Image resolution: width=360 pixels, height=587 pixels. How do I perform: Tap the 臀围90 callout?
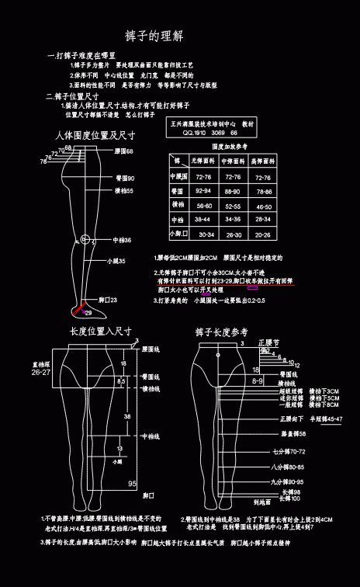[124, 179]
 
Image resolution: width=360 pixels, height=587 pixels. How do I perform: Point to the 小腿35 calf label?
[116, 262]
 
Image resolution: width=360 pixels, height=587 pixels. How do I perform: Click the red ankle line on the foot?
[78, 310]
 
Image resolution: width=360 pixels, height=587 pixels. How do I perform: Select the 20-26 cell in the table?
[263, 234]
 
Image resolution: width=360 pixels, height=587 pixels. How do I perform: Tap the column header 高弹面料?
[263, 161]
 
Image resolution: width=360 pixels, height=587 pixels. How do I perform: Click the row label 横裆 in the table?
[177, 205]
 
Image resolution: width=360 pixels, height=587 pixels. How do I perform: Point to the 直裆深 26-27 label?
[41, 368]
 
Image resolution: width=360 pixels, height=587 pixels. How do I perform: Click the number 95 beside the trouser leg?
[133, 483]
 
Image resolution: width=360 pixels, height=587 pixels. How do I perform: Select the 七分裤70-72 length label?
[289, 450]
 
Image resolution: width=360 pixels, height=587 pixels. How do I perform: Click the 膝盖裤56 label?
[292, 433]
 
